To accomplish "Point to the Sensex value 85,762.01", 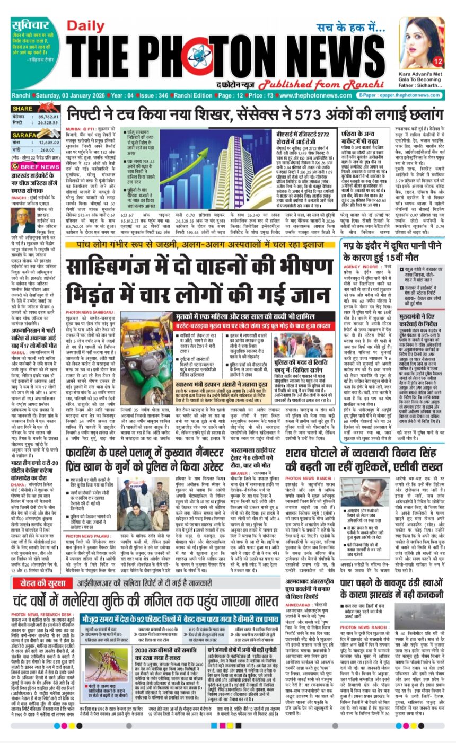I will click(x=49, y=116).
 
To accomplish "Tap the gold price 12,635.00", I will click(x=49, y=142).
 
